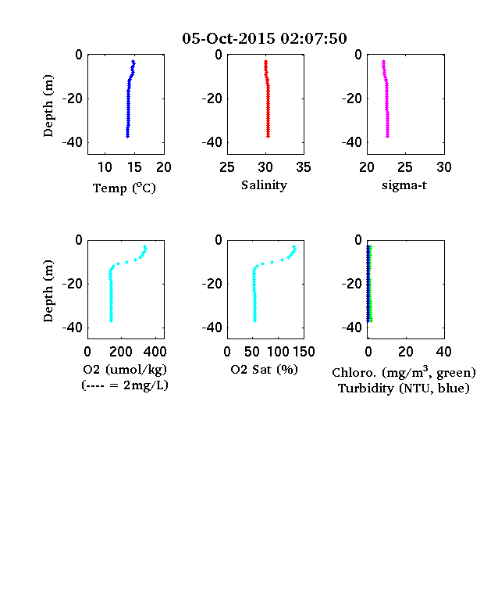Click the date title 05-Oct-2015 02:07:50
click(265, 38)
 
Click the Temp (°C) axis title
click(124, 188)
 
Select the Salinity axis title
click(264, 185)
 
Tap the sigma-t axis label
click(404, 185)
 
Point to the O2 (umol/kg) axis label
click(125, 370)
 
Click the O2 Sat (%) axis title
click(265, 370)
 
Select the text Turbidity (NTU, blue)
click(404, 389)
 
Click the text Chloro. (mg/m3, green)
click(404, 372)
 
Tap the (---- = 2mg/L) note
click(125, 385)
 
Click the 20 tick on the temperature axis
click(164, 167)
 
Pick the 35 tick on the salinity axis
click(304, 167)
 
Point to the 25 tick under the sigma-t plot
click(405, 167)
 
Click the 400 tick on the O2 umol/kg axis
click(155, 352)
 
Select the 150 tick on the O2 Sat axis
click(304, 352)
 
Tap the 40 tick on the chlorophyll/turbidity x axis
click(443, 352)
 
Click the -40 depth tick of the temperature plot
click(73, 142)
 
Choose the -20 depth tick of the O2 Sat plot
click(212, 284)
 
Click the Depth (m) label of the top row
click(48, 106)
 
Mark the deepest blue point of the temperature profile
click(127, 136)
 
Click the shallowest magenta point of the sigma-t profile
click(383, 61)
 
